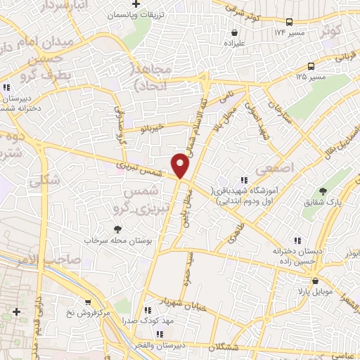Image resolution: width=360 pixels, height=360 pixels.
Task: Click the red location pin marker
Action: pyautogui.click(x=181, y=165)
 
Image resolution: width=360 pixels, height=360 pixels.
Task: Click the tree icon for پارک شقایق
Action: pyautogui.click(x=323, y=191)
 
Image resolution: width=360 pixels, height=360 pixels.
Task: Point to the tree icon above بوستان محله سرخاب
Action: pyautogui.click(x=117, y=229)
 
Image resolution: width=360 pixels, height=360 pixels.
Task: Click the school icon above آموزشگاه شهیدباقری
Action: pyautogui.click(x=245, y=180)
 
